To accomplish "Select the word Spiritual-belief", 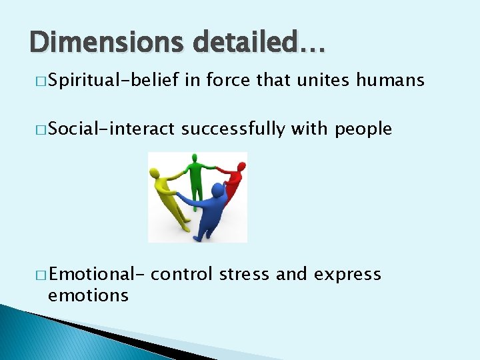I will pos(113,81).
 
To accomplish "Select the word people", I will pos(363,129).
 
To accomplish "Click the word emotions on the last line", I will pos(88,295).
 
